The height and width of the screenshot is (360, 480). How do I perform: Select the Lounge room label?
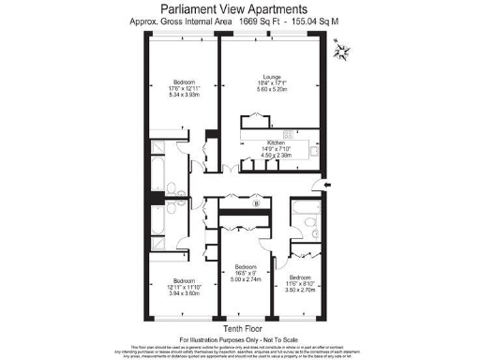pyautogui.click(x=274, y=79)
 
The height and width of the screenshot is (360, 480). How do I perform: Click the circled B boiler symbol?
pyautogui.click(x=255, y=202)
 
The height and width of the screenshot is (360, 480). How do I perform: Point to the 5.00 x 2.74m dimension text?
pyautogui.click(x=246, y=280)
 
